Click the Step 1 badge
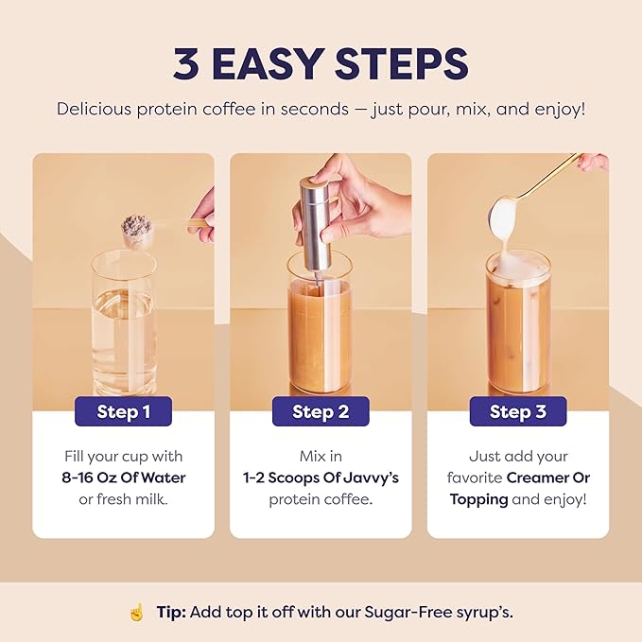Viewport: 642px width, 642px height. [123, 411]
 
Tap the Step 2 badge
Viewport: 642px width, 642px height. [321, 411]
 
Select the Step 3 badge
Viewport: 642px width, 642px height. [517, 411]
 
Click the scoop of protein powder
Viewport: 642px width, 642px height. [137, 228]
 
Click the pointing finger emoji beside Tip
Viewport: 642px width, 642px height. [136, 612]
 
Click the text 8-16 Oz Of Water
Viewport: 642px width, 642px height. [123, 477]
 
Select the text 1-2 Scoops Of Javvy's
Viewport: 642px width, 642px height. [321, 477]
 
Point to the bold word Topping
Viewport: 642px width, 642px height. [478, 498]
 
